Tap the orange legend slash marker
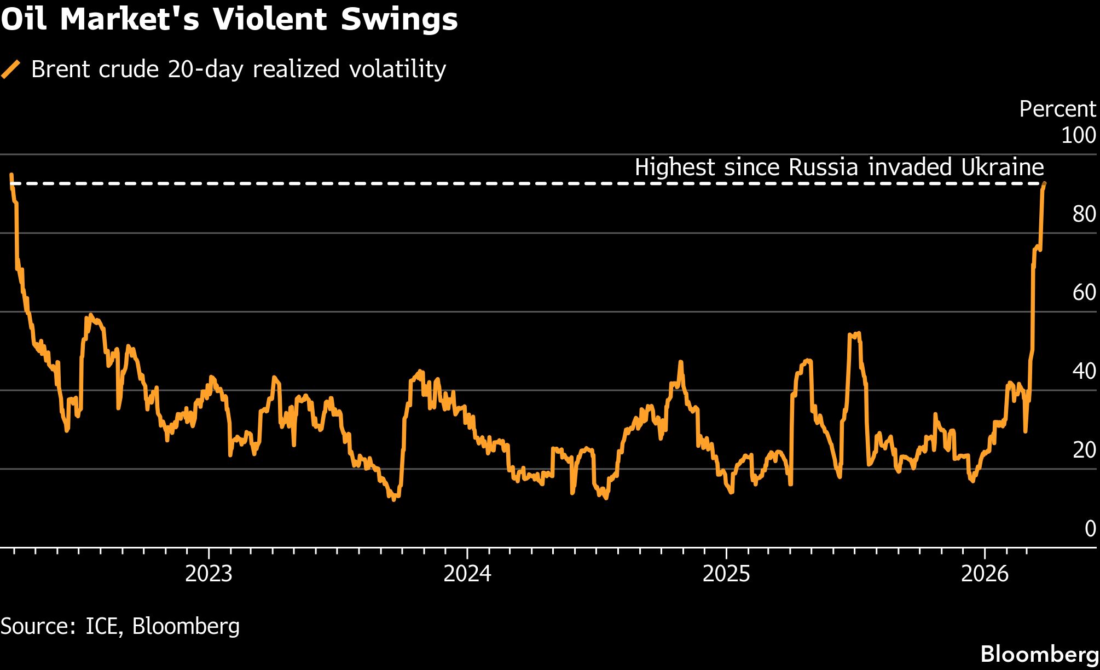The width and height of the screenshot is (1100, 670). point(11,70)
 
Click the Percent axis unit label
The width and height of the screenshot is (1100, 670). point(1057,109)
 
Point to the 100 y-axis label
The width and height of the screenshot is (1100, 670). point(1078,135)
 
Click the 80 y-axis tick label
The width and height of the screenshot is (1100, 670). point(1084,214)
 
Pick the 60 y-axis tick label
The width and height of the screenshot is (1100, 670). point(1084,293)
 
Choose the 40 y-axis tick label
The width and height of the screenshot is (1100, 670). point(1084,372)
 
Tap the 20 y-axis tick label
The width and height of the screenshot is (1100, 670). point(1084,450)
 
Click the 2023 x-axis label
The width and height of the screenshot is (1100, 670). point(209,574)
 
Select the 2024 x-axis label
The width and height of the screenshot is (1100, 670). point(467,574)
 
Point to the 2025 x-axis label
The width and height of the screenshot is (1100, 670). point(726,574)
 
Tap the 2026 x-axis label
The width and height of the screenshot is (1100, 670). point(985,574)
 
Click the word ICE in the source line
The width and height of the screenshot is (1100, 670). point(102,626)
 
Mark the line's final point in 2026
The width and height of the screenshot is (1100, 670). point(1044,184)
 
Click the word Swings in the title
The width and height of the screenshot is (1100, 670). point(400,20)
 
